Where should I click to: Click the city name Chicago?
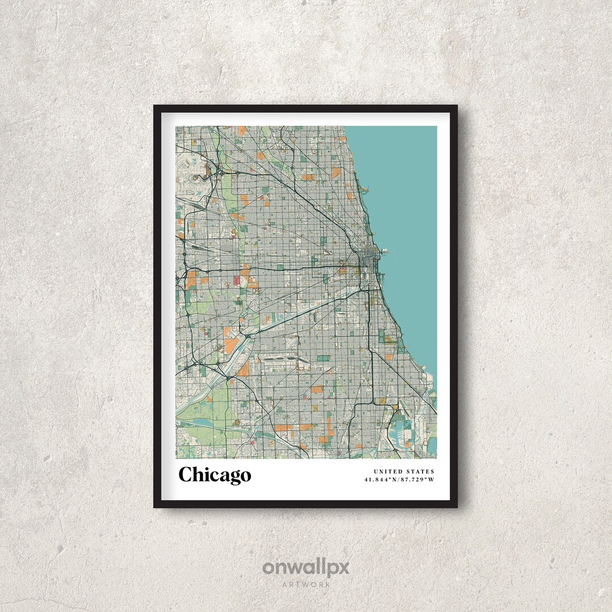(215, 475)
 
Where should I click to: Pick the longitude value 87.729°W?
(418, 480)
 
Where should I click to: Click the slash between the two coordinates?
(400, 480)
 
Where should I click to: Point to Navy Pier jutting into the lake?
(382, 250)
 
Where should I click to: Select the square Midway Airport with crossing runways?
(282, 362)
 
